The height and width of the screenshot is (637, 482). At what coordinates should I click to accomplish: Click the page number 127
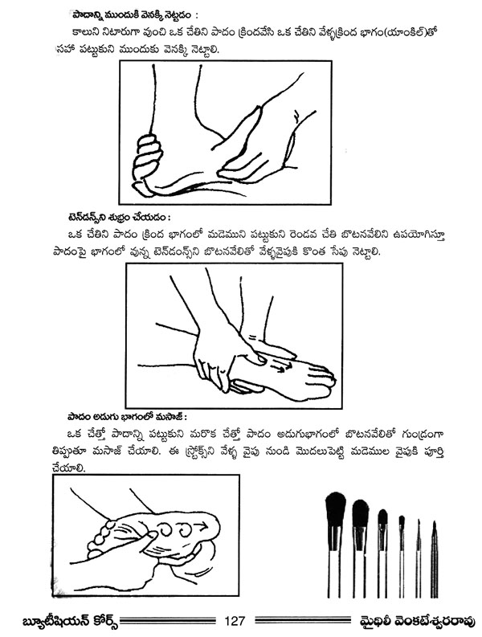tap(235, 621)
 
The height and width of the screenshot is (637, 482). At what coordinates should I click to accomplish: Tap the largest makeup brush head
tap(336, 509)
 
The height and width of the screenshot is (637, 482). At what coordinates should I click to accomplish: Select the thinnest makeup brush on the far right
tap(434, 560)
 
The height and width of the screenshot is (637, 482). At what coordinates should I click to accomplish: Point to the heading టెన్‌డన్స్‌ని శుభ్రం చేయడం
tap(118, 218)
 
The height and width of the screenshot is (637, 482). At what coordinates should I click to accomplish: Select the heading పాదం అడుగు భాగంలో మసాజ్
tap(127, 417)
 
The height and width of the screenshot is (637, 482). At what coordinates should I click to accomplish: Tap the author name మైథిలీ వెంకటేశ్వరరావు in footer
tap(419, 622)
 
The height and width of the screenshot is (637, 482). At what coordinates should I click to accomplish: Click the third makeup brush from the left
tap(382, 553)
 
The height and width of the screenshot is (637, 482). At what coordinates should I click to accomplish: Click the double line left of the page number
tap(167, 621)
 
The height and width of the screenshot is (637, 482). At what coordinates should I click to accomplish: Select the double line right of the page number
tap(304, 621)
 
